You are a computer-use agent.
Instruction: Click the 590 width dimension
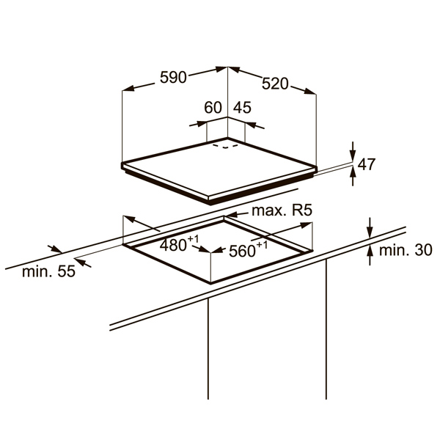click(x=173, y=77)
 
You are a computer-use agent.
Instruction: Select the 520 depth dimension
click(x=275, y=84)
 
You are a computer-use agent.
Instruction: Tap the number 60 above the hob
click(x=213, y=108)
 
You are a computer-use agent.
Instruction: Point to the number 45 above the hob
click(x=243, y=108)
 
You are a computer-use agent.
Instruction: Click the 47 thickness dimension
click(x=367, y=164)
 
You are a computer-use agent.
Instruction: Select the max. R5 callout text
click(x=282, y=210)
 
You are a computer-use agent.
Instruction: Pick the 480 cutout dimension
click(x=179, y=244)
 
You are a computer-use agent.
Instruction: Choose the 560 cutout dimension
click(x=248, y=249)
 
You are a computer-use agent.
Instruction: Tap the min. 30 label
click(x=406, y=250)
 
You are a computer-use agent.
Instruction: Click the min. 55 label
click(x=49, y=271)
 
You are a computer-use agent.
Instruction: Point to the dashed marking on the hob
click(x=225, y=146)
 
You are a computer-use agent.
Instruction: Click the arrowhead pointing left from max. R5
click(x=231, y=215)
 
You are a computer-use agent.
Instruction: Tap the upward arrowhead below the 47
click(x=353, y=172)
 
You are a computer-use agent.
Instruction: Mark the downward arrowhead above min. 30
click(x=370, y=232)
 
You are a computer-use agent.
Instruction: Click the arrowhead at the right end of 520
click(x=310, y=91)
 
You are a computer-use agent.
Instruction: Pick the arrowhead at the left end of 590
click(x=128, y=89)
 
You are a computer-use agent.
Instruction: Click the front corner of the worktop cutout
click(x=210, y=283)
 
